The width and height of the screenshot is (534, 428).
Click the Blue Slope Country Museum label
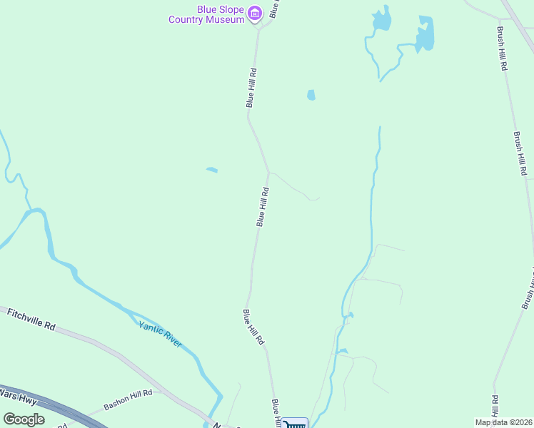click(x=206, y=14)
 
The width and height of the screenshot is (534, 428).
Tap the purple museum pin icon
click(x=255, y=13)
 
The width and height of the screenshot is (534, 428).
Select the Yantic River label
click(x=161, y=334)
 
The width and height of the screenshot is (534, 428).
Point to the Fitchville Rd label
click(x=31, y=318)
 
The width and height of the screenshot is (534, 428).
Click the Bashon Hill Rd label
click(x=129, y=399)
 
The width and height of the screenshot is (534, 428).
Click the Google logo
click(x=24, y=419)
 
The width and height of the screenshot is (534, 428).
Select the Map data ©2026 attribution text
click(x=503, y=422)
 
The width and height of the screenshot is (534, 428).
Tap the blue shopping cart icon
click(x=295, y=424)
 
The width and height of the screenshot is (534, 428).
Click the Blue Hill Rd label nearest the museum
click(x=251, y=88)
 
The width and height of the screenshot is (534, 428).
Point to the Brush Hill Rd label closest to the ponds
click(x=502, y=49)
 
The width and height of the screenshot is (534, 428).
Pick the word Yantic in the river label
click(x=151, y=328)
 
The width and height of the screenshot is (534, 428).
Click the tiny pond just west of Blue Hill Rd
click(x=212, y=170)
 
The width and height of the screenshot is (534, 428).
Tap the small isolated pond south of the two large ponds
click(x=311, y=95)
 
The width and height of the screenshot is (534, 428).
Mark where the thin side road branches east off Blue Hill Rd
click(x=268, y=173)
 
